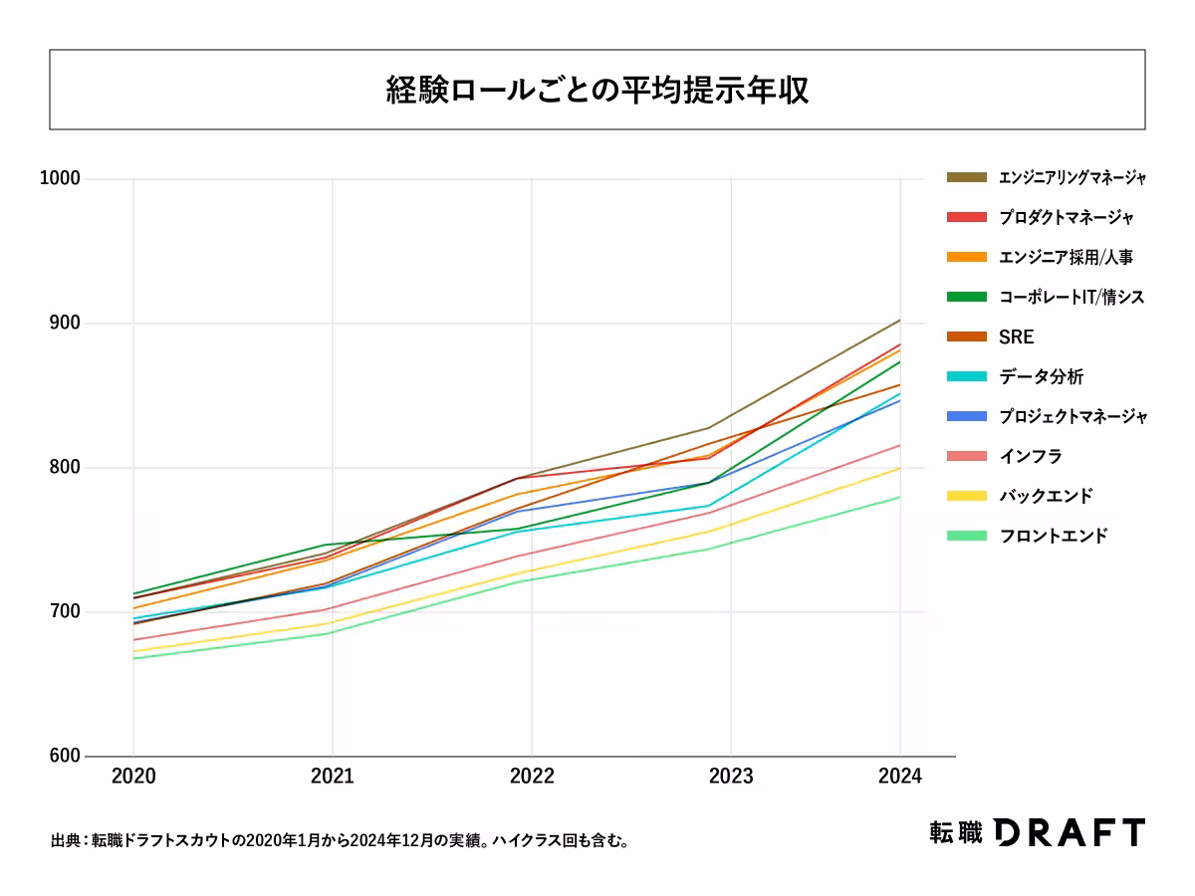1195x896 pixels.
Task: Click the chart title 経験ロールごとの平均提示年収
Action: click(x=597, y=90)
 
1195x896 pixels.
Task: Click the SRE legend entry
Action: click(x=1017, y=336)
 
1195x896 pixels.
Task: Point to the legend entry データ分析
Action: click(x=1041, y=376)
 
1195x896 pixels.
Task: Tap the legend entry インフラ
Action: click(x=1030, y=456)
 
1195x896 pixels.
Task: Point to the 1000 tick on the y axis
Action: click(x=60, y=179)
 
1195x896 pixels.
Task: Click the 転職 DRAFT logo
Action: click(x=1037, y=832)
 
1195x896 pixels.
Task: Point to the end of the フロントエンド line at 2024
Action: click(x=900, y=497)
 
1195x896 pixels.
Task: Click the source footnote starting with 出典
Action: click(x=340, y=841)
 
